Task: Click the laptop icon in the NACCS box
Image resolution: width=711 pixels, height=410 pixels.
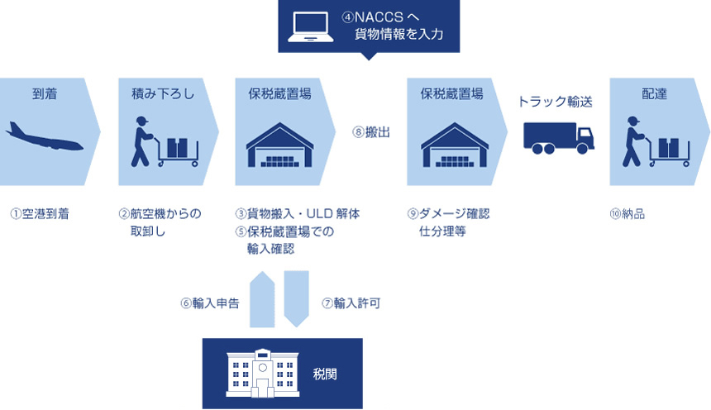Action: (310, 26)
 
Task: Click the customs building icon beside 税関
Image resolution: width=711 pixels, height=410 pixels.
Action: (262, 374)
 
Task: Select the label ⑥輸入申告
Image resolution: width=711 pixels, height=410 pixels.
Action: (210, 303)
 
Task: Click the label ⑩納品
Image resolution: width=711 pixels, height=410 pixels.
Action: (628, 214)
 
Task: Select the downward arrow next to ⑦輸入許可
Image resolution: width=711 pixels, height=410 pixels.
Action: (296, 298)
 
